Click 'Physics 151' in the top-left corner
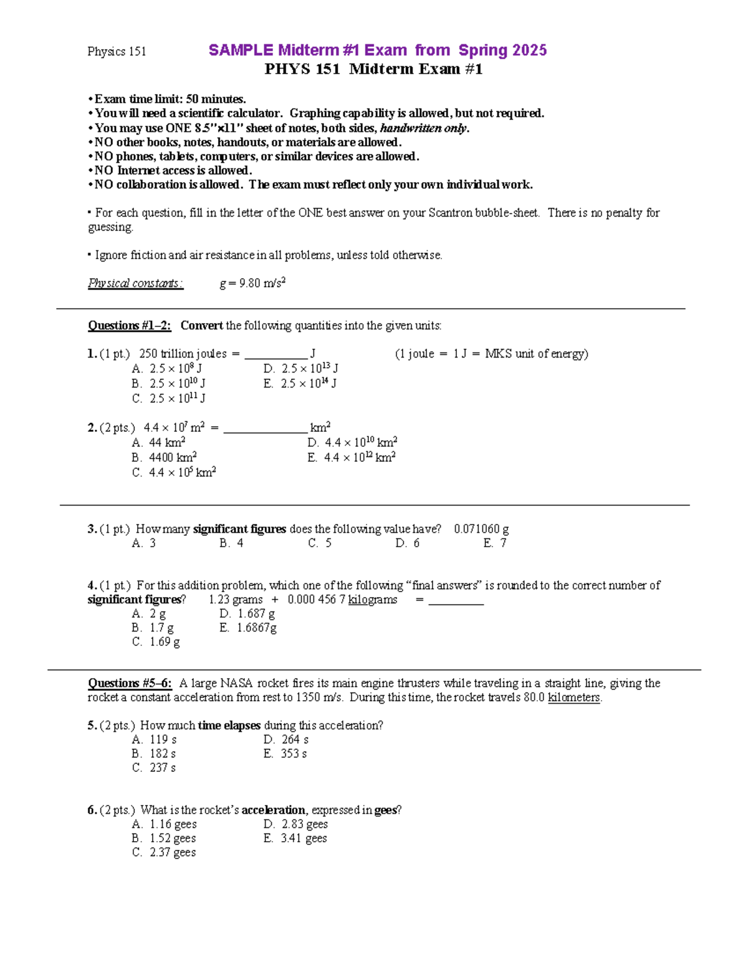point(117,51)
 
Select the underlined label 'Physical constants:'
point(135,283)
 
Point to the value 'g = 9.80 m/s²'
point(252,283)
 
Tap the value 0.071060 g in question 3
point(481,529)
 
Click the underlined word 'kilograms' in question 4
point(372,600)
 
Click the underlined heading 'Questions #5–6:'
point(130,683)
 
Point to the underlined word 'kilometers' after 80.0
point(573,698)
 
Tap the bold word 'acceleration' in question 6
point(273,810)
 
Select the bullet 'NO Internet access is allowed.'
point(173,170)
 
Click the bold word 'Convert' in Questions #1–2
point(201,326)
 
